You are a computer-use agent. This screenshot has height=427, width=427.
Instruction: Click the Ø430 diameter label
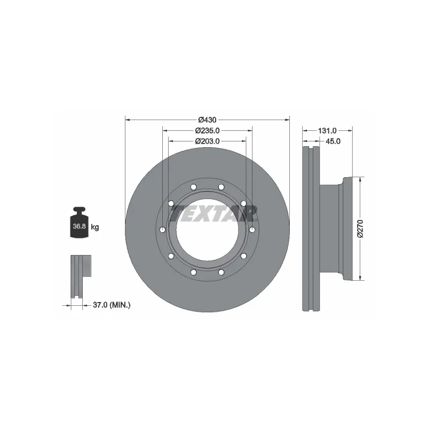click(x=207, y=120)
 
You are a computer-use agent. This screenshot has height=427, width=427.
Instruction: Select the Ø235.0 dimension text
click(x=207, y=130)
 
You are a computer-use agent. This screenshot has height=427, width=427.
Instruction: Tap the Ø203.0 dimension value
click(x=207, y=141)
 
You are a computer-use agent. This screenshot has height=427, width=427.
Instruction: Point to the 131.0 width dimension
click(x=327, y=131)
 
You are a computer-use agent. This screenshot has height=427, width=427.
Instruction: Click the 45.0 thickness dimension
click(x=333, y=141)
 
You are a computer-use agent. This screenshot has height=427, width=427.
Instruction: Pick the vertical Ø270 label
click(x=360, y=229)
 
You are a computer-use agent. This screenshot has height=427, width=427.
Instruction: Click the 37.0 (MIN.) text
click(x=112, y=305)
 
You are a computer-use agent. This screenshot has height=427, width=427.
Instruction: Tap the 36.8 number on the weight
click(x=79, y=226)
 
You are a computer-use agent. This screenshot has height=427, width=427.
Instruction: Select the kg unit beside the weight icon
click(x=95, y=227)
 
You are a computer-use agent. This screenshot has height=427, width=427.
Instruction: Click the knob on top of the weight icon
click(x=79, y=210)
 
